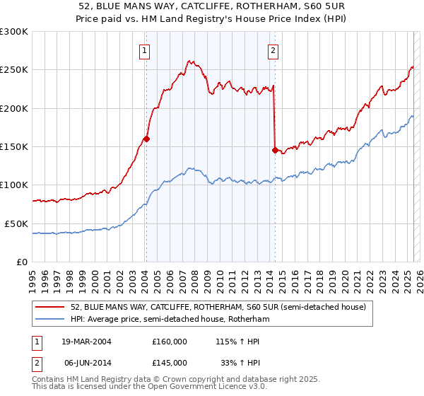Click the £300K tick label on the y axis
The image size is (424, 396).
(x=13, y=32)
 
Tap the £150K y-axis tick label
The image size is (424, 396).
(x=13, y=146)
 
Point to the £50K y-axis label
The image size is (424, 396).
(x=16, y=223)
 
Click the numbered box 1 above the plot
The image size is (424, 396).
(x=144, y=50)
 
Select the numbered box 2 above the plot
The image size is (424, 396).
(x=273, y=50)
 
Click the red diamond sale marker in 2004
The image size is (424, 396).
(x=147, y=139)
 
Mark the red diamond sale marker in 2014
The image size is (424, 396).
(x=275, y=149)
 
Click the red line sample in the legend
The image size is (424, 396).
(x=51, y=307)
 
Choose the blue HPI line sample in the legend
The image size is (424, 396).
(x=51, y=319)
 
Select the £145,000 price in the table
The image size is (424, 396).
(x=170, y=362)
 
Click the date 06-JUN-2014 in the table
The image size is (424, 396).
(x=82, y=362)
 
